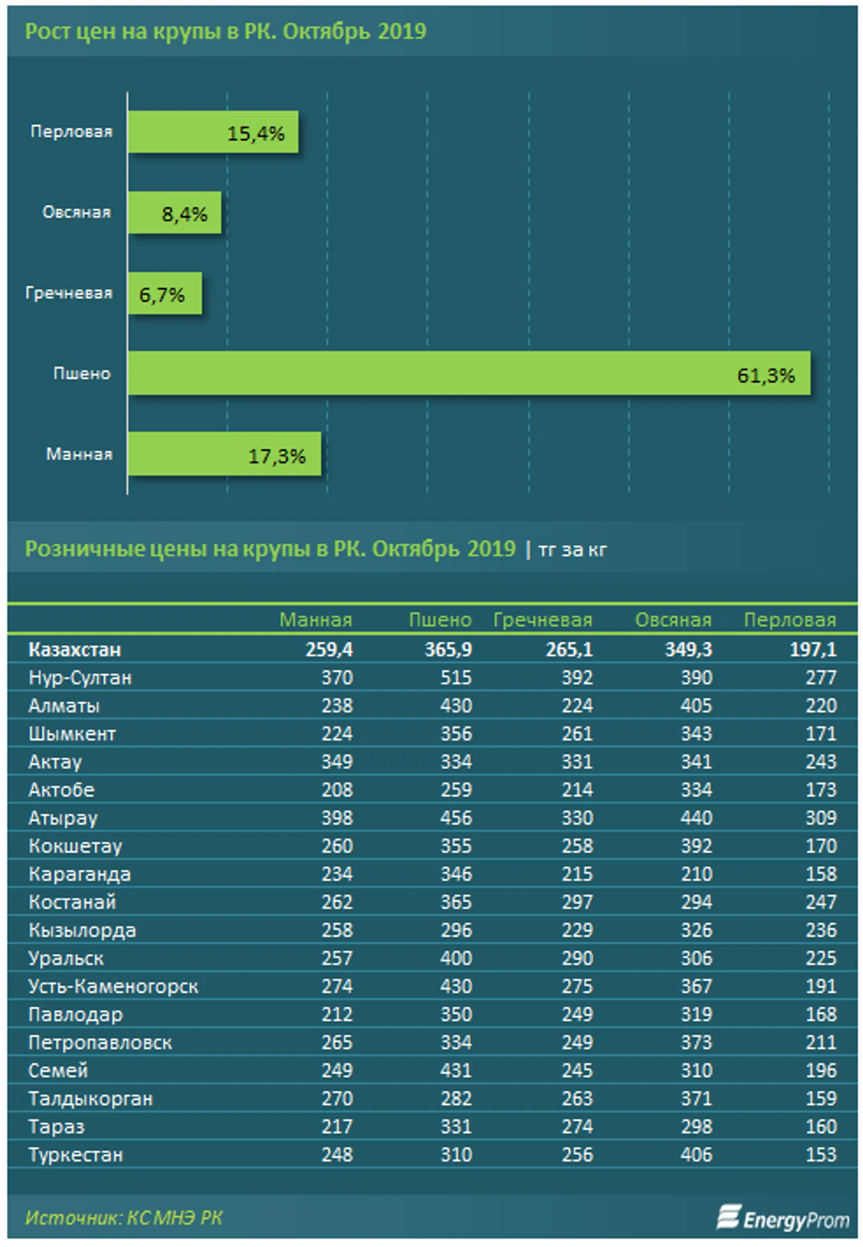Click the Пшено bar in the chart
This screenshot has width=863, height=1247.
(x=468, y=373)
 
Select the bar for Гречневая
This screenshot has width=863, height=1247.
(x=164, y=293)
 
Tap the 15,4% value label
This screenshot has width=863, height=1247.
(x=255, y=133)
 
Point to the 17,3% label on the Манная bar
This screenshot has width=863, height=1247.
(x=276, y=456)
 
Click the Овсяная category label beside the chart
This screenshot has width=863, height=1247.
(x=76, y=212)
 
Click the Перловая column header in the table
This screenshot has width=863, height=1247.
(x=789, y=619)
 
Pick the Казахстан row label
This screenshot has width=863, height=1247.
(x=75, y=649)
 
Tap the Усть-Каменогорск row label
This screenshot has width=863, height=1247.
(x=113, y=986)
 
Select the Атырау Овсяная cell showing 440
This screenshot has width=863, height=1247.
(x=696, y=817)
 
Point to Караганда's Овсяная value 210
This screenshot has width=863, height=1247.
(x=696, y=873)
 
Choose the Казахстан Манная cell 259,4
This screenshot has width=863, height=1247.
(x=329, y=649)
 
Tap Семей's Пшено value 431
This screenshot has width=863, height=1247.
(x=456, y=1070)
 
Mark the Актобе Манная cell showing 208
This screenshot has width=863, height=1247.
(x=337, y=789)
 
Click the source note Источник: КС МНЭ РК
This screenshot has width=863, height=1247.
(x=124, y=1217)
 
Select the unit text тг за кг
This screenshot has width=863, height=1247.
(x=572, y=550)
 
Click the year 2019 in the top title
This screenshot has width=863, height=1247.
(x=402, y=31)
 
